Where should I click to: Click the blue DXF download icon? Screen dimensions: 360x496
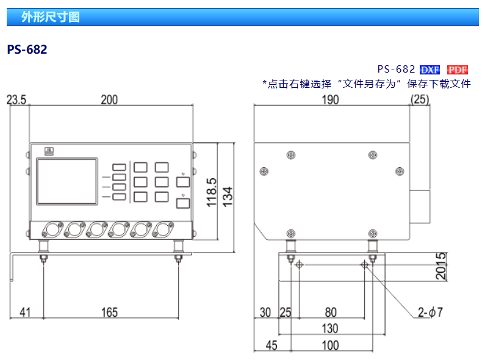pos(430,70)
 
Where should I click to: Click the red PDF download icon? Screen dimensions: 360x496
pos(458,70)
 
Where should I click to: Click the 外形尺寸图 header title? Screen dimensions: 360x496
pos(50,17)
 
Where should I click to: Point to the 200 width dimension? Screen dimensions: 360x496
pos(109,100)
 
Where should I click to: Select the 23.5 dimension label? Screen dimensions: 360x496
pos(16,100)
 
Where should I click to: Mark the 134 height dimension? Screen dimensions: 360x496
pos(228,196)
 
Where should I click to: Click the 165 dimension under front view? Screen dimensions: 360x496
pos(109,312)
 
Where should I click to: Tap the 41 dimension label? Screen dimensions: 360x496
pos(25,312)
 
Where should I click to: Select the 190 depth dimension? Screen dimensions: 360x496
pos(330,100)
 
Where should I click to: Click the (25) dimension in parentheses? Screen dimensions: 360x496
pos(420,100)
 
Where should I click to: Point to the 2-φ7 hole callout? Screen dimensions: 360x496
pos(430,312)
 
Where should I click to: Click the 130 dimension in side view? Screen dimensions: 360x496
pos(330,329)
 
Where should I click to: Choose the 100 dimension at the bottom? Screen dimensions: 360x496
pos(330,345)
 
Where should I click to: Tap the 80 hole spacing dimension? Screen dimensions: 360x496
pos(330,312)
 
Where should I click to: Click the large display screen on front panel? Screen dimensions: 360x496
pos(67,181)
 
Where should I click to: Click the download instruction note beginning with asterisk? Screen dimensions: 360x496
pos(366,84)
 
